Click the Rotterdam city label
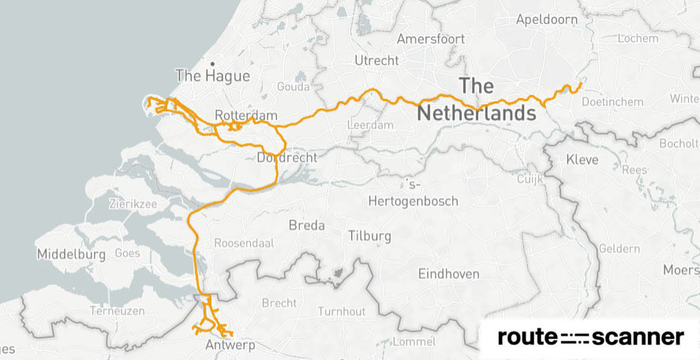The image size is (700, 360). (245, 116)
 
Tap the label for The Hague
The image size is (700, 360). (212, 77)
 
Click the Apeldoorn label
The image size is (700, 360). (546, 20)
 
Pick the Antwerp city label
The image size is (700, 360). (226, 346)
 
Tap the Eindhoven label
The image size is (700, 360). (447, 274)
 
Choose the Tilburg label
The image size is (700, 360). (369, 236)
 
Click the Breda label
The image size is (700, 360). (307, 226)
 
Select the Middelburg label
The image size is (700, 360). (71, 255)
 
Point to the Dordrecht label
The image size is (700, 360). (287, 158)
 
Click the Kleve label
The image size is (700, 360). (582, 160)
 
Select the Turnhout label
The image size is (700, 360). (342, 312)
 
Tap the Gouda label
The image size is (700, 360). (293, 87)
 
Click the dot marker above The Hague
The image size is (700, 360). (212, 63)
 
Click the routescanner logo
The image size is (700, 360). (590, 338)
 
